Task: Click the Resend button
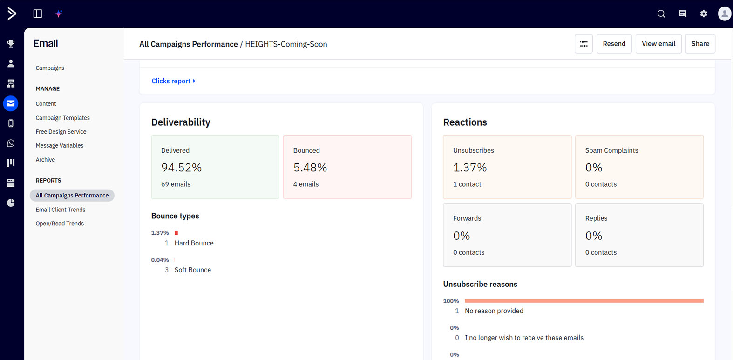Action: point(614,43)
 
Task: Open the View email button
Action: point(658,43)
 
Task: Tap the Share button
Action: point(700,43)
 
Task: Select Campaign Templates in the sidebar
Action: point(62,118)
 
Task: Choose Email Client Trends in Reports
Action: point(60,210)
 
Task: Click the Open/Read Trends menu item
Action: point(60,224)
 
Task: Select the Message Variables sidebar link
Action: point(59,145)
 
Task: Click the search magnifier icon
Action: point(661,14)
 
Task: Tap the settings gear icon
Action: point(704,14)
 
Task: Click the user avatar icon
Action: point(725,14)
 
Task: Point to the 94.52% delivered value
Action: point(181,168)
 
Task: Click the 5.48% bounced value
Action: point(310,168)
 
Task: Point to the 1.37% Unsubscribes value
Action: point(470,168)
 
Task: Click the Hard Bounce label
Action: point(194,243)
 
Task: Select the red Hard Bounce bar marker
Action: point(176,233)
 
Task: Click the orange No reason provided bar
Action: point(584,301)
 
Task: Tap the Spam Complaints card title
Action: point(611,150)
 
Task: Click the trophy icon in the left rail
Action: point(11,43)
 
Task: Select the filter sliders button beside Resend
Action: point(584,43)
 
